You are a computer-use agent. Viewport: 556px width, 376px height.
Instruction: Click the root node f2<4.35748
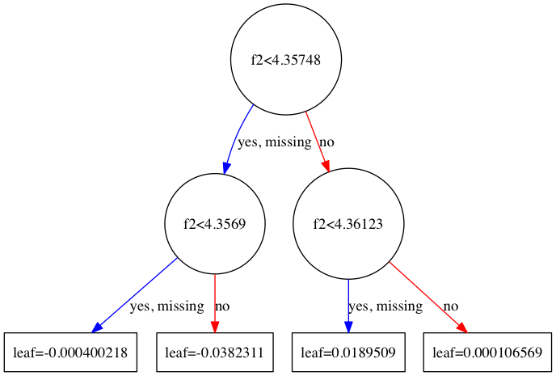click(286, 61)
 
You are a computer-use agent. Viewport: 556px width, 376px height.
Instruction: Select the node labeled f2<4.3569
click(215, 223)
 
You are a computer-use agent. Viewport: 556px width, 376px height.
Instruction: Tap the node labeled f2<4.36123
click(347, 223)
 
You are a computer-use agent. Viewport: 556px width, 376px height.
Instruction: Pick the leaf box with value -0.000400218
click(69, 353)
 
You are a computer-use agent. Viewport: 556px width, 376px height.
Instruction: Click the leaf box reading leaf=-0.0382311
click(214, 353)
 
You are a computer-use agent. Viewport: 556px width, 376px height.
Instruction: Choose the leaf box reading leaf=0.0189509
click(348, 353)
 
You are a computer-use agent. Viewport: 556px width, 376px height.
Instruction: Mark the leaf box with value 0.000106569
click(487, 353)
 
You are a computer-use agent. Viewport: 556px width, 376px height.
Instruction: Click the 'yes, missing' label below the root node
click(274, 142)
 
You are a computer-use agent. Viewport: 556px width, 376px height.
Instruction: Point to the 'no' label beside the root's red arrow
click(326, 142)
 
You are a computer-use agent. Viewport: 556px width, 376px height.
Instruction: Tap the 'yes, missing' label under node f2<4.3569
click(166, 306)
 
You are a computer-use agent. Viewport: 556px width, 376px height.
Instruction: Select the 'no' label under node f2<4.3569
click(222, 306)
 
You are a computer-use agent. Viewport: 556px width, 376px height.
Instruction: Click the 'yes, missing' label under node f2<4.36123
click(385, 306)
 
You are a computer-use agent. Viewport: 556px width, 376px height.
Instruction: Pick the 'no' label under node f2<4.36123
click(450, 306)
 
